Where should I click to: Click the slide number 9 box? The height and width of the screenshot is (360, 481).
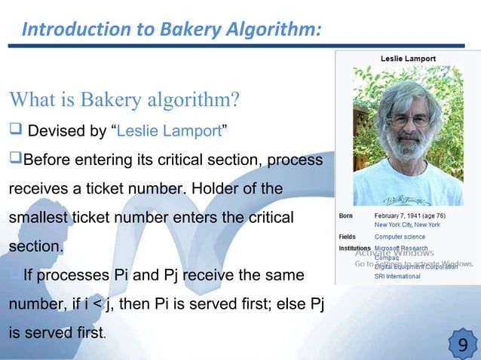point(462,345)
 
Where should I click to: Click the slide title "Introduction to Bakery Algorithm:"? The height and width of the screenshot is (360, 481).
point(172,29)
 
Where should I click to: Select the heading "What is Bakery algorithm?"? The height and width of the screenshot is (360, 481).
point(124,100)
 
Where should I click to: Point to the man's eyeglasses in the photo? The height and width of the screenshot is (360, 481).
point(408,119)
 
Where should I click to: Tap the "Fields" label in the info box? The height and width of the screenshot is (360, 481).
point(348,236)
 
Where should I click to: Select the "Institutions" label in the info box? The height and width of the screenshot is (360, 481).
point(354,248)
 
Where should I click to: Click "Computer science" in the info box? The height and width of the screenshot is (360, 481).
point(400,236)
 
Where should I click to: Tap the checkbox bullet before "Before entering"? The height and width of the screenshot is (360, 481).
point(15,161)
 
